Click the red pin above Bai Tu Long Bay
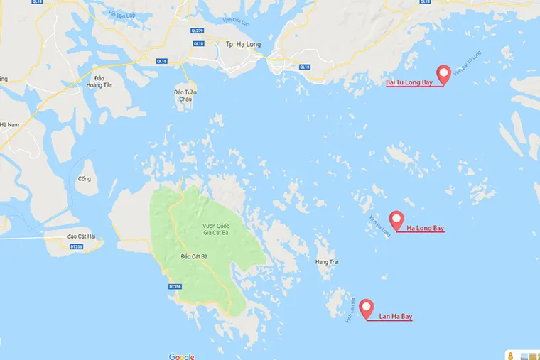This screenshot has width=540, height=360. pyautogui.click(x=444, y=73)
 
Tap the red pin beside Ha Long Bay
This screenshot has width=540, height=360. pyautogui.click(x=396, y=219)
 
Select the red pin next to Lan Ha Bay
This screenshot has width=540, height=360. pyautogui.click(x=367, y=308)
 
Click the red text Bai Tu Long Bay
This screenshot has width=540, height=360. pyautogui.click(x=409, y=83)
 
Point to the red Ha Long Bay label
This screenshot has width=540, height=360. pyautogui.click(x=426, y=229)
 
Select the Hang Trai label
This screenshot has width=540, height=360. pyautogui.click(x=328, y=262)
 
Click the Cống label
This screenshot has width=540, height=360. pyautogui.click(x=85, y=179)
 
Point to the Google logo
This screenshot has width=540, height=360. pyautogui.click(x=181, y=356)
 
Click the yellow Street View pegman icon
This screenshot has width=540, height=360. pyautogui.click(x=510, y=354)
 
